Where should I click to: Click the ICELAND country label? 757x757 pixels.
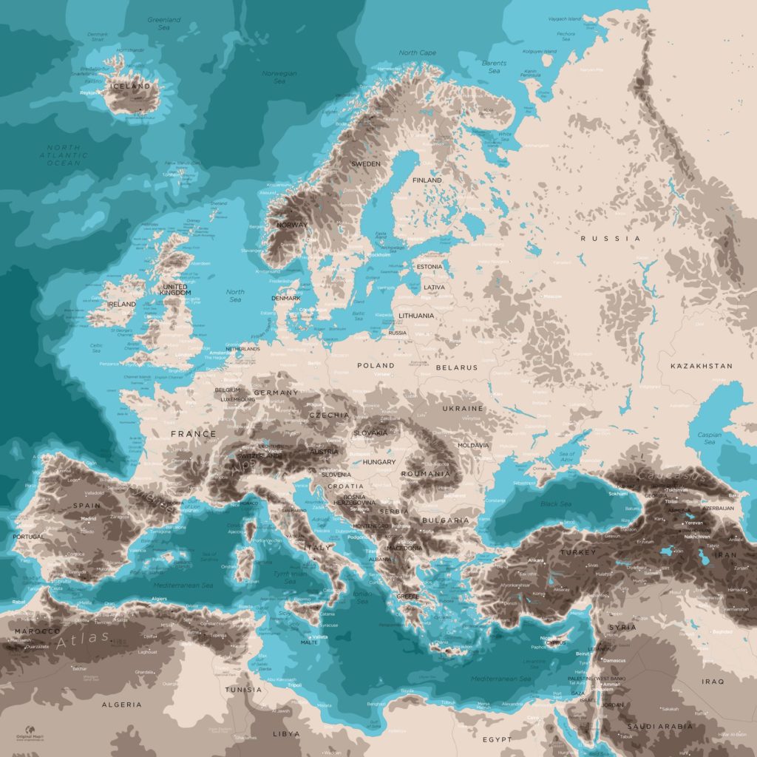click(130, 86)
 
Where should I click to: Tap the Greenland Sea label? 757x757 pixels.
click(164, 24)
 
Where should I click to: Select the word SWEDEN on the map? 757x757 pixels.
click(365, 163)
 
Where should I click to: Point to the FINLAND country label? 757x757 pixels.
click(427, 180)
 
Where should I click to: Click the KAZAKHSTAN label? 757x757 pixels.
click(701, 366)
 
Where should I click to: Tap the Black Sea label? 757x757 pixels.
click(555, 503)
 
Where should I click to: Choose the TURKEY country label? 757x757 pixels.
click(577, 552)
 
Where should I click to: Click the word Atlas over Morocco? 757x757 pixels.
click(83, 640)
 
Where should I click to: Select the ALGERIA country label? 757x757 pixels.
click(121, 705)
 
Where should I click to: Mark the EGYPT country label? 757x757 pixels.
click(497, 739)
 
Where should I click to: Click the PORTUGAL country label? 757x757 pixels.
click(27, 537)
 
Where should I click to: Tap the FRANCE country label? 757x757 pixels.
click(194, 434)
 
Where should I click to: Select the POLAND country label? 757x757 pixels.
click(376, 365)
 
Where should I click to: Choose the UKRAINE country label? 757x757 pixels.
click(463, 408)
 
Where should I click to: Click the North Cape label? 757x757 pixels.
click(418, 53)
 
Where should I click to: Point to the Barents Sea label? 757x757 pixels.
click(494, 67)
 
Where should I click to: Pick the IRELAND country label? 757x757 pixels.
click(121, 304)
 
